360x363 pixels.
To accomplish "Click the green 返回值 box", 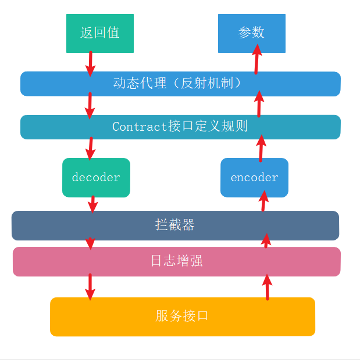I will tap(100, 33).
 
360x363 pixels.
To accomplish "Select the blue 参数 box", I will tap(251, 33).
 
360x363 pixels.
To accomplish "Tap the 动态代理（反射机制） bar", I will tap(180, 84).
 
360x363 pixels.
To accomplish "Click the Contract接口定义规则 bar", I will tap(180, 127).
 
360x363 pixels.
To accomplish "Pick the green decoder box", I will tap(96, 177).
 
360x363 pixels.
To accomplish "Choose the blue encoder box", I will tap(254, 177).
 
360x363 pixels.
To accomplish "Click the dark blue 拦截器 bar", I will tap(175, 225).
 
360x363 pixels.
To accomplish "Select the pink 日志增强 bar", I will tap(176, 261).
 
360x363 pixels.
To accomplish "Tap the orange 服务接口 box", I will tap(182, 317).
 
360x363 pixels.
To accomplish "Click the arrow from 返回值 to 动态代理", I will tap(90, 63).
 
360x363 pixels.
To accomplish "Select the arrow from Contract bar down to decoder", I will tap(90, 148).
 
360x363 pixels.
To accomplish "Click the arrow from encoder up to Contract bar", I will tap(261, 148).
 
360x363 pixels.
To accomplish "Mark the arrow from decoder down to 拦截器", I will tap(92, 204).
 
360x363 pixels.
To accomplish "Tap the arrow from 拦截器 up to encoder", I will tap(263, 201).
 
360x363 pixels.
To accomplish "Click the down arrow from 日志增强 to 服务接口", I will tap(90, 286).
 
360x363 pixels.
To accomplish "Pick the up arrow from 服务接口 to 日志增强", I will tap(267, 286).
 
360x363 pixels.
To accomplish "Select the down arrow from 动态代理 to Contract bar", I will tap(90, 105).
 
